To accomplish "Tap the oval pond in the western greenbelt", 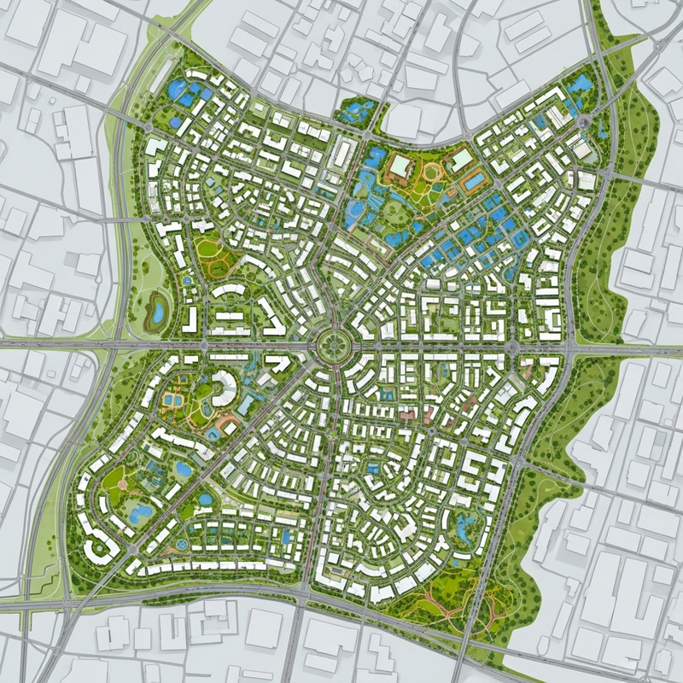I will pos(157,310).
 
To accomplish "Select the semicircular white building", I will pos(224,388).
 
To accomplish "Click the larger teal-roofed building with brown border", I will pos(399,164).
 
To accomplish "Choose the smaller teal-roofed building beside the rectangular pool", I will pos(461,160).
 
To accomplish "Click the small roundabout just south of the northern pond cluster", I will pos(365,135).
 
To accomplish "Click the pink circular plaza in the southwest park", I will pos(122,484).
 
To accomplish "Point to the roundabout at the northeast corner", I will pos(583,123).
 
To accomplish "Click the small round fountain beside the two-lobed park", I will pos(186,280).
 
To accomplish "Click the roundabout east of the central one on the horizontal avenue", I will pos(511,347).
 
